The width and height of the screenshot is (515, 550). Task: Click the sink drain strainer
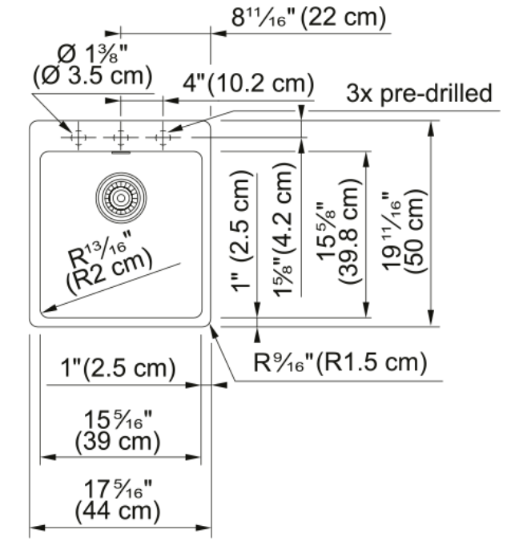tap(121, 198)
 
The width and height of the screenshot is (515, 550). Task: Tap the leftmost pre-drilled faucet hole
tap(78, 137)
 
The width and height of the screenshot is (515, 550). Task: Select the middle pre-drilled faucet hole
tap(121, 137)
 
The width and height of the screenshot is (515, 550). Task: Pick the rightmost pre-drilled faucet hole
tap(163, 137)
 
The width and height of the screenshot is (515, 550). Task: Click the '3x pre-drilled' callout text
tap(420, 93)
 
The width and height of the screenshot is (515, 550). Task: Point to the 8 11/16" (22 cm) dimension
tap(308, 18)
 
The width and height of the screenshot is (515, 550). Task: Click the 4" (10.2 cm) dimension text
tap(248, 84)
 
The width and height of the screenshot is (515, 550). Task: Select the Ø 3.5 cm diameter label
tap(93, 76)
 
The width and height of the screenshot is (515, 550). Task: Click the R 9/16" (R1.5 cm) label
tap(340, 362)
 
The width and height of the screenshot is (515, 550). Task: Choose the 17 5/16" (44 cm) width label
tap(118, 500)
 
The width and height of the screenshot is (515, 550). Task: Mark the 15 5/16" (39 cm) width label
tap(118, 431)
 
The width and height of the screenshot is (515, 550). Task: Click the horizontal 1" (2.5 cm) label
tap(118, 368)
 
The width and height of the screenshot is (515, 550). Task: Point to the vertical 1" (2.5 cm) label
tap(241, 231)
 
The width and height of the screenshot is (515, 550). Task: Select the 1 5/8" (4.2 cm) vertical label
tap(284, 230)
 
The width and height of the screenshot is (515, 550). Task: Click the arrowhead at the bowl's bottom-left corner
tap(47, 309)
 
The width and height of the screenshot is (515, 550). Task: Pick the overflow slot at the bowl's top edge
tap(121, 152)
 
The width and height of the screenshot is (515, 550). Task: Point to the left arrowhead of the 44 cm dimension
tap(38, 528)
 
